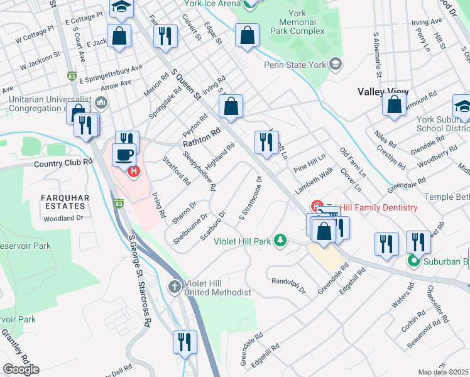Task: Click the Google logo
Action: pos(21,369)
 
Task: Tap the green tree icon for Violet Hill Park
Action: pos(281,240)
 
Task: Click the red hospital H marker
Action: pos(133,171)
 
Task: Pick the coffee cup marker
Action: pos(124,154)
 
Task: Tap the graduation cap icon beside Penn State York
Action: pos(336,64)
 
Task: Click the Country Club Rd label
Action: pos(63,161)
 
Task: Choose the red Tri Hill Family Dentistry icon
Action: pos(318,207)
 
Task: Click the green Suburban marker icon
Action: pos(413,261)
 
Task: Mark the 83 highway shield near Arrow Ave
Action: pos(72,76)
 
